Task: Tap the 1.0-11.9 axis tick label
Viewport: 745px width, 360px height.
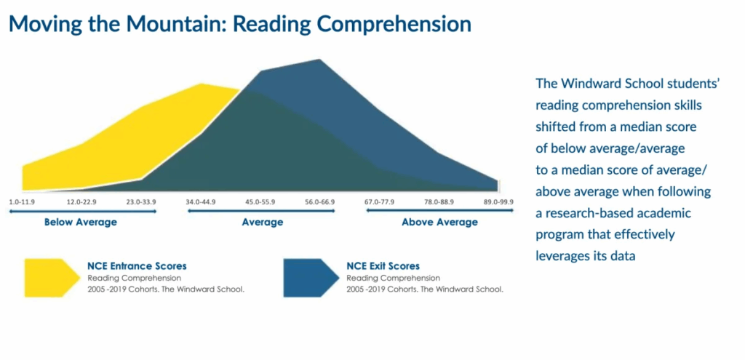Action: (22, 202)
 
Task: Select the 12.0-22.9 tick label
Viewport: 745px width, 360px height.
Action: (81, 202)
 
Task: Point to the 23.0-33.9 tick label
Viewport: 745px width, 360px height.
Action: (141, 202)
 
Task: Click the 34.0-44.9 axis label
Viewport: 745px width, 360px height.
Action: (201, 202)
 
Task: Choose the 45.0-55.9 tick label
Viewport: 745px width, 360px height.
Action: (260, 202)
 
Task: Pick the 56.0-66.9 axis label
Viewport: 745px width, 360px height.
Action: (320, 202)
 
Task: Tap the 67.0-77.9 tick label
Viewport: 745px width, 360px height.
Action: (379, 202)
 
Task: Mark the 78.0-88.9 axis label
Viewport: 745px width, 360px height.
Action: (439, 202)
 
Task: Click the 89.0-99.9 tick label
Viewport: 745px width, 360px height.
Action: (498, 202)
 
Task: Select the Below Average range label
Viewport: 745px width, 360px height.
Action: (80, 222)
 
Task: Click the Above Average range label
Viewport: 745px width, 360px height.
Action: (439, 222)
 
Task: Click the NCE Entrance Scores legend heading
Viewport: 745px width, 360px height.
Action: (137, 266)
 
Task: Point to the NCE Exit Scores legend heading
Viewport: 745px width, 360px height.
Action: (383, 266)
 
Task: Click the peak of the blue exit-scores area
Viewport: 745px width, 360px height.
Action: (319, 60)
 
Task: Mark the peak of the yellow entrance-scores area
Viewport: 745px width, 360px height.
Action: (202, 84)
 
